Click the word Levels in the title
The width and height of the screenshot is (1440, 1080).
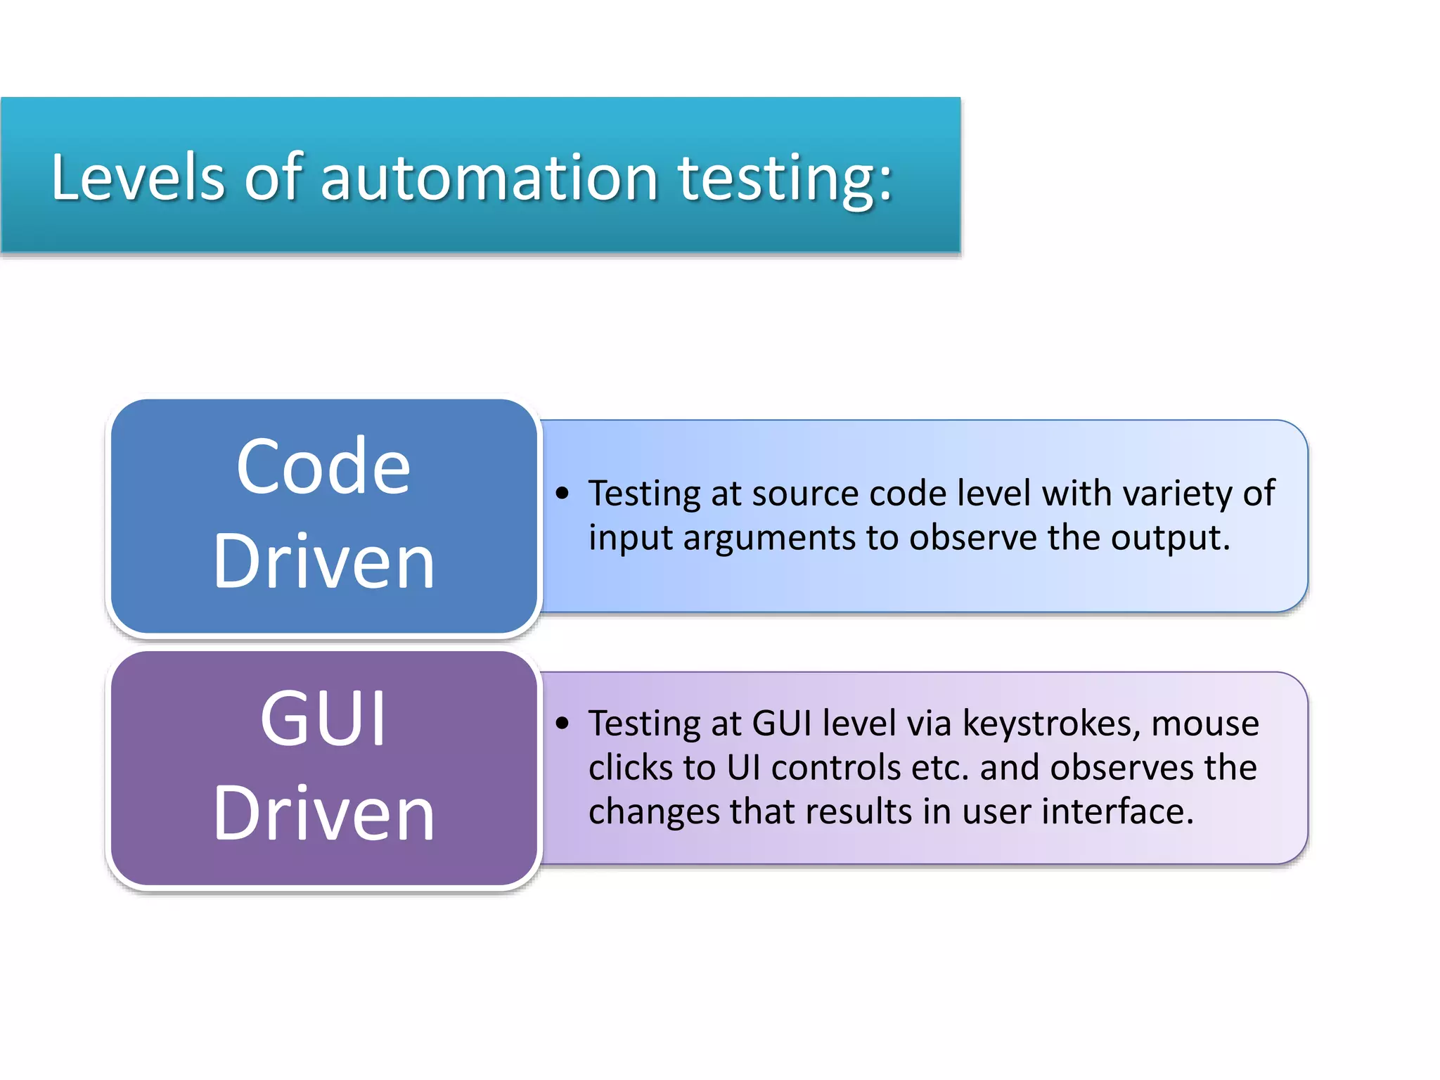pos(138,177)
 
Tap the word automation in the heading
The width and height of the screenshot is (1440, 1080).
pos(489,177)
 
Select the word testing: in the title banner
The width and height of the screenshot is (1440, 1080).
pos(784,179)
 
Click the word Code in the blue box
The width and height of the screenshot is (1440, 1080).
pos(323,467)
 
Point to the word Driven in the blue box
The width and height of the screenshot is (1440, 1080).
pos(323,561)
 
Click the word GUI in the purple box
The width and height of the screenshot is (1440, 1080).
pos(323,719)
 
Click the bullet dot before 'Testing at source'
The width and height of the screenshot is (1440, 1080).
pos(561,493)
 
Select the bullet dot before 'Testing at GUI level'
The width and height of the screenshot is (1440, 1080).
pos(561,723)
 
